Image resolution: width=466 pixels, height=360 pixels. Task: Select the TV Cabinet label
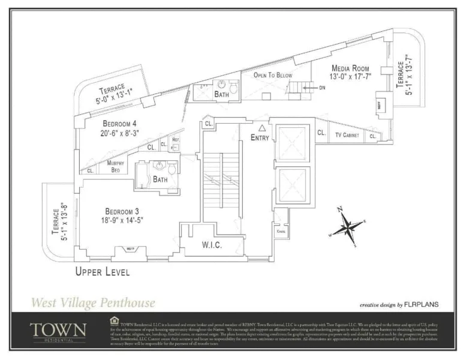click(347, 136)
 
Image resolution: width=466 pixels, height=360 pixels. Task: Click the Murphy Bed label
click(116, 166)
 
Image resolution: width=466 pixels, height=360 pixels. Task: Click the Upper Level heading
click(102, 272)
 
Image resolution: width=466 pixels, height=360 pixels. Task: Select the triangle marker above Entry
click(261, 128)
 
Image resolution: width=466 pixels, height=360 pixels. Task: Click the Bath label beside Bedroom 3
click(160, 179)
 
